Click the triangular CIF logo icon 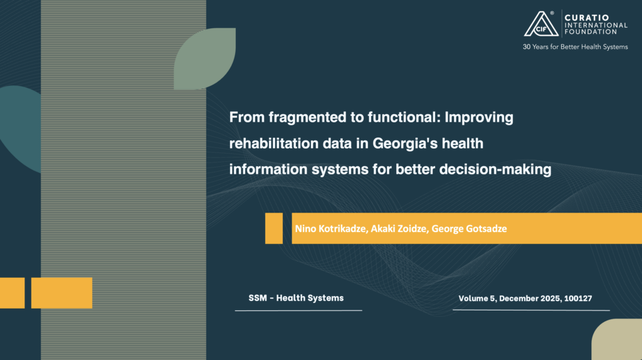pyautogui.click(x=541, y=24)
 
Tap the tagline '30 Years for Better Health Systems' pyautogui.click(x=575, y=47)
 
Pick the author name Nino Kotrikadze pyautogui.click(x=331, y=228)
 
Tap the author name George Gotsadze pyautogui.click(x=469, y=228)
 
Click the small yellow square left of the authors pyautogui.click(x=274, y=228)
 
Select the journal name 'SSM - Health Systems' pyautogui.click(x=296, y=298)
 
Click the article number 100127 pyautogui.click(x=578, y=299)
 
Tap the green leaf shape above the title pyautogui.click(x=205, y=58)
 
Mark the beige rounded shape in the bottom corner pyautogui.click(x=617, y=339)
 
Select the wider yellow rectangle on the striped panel pyautogui.click(x=62, y=293)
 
